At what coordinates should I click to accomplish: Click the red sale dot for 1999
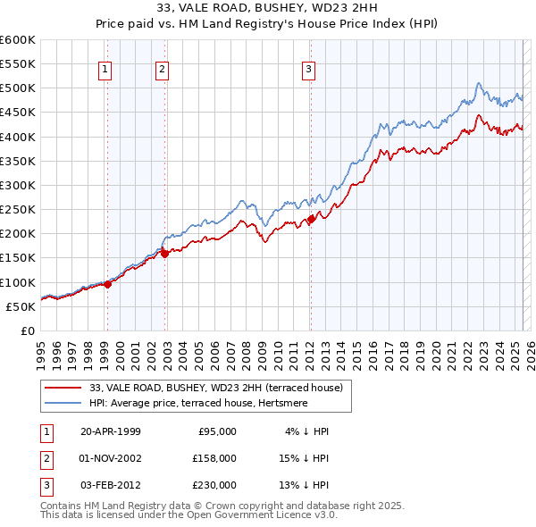[x=107, y=285]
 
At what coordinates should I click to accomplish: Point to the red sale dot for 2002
[x=164, y=254]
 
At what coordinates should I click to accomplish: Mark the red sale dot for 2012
[x=311, y=219]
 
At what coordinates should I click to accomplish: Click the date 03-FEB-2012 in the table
[x=110, y=485]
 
